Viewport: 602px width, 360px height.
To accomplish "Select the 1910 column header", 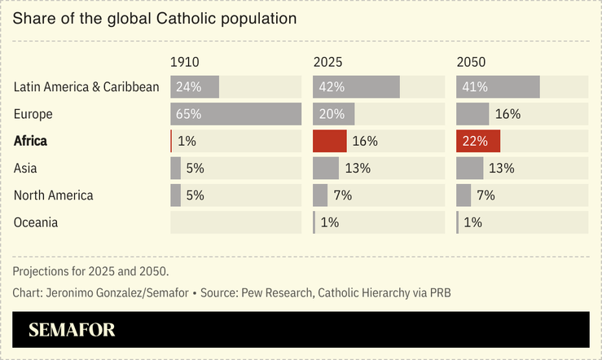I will (x=184, y=63).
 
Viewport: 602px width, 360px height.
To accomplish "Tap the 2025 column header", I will (x=327, y=63).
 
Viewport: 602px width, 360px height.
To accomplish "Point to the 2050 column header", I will (x=470, y=63).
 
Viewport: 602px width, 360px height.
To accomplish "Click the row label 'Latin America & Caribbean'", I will (x=86, y=87).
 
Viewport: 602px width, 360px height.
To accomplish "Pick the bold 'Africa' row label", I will (x=31, y=141).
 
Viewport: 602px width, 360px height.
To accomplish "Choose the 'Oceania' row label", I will (x=36, y=222).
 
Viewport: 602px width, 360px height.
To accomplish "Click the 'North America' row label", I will (x=54, y=195).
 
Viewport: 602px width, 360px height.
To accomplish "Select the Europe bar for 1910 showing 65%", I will (x=235, y=114).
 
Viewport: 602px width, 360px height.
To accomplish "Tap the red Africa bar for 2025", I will (x=330, y=141).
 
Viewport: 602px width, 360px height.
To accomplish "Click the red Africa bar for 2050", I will (x=478, y=141).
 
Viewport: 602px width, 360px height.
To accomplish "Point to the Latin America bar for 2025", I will (x=356, y=87).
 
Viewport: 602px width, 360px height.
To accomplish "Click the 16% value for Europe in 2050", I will (x=508, y=114).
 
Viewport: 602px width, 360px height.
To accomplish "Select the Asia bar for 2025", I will (x=326, y=168).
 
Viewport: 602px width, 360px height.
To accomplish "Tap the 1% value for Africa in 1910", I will (x=187, y=141).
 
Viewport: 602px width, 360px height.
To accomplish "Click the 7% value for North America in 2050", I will (x=486, y=195).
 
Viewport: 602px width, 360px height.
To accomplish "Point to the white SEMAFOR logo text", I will (x=72, y=330).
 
